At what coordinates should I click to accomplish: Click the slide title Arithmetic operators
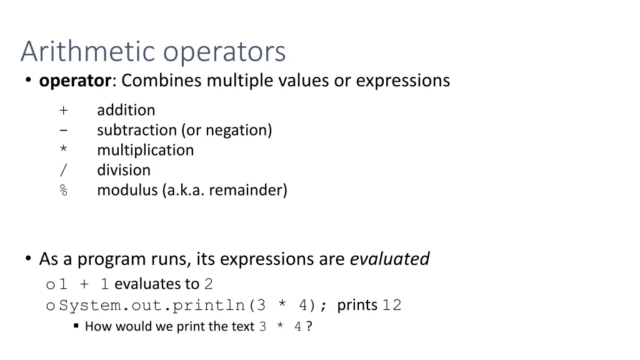coord(153,51)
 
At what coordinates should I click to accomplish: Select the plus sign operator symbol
coord(64,111)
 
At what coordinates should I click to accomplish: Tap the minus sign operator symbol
coord(64,131)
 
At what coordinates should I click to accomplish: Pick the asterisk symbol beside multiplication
coord(64,151)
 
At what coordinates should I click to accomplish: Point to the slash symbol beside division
coord(64,171)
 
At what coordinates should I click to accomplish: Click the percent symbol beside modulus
coord(64,191)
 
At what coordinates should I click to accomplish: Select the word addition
coord(126,110)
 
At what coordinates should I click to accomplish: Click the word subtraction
coord(137,130)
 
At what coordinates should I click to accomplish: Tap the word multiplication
coord(145,150)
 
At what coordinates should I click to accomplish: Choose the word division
coord(124,170)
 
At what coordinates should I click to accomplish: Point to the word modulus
coord(127,190)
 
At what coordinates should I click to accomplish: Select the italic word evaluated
coord(389,259)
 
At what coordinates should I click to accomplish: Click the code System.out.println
coord(153,306)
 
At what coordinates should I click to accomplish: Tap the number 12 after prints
coord(392,306)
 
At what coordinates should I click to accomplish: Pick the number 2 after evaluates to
coord(209,284)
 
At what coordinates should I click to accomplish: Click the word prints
coord(357,305)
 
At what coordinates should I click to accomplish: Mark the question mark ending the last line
coord(309,326)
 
